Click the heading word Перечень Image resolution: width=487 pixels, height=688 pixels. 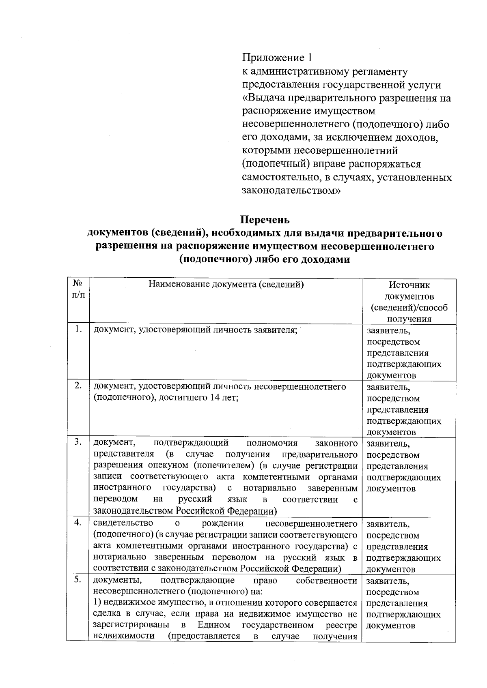click(265, 220)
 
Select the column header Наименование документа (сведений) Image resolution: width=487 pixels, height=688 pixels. click(226, 284)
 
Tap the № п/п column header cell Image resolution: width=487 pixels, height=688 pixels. click(78, 289)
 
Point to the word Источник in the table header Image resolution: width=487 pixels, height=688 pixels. click(409, 285)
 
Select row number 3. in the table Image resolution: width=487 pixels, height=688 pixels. click(79, 442)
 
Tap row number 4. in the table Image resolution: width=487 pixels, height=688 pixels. click(79, 523)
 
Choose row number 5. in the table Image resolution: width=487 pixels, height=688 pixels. click(79, 579)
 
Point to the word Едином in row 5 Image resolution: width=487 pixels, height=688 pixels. click(214, 625)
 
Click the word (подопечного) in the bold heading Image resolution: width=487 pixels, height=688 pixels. click(213, 259)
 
